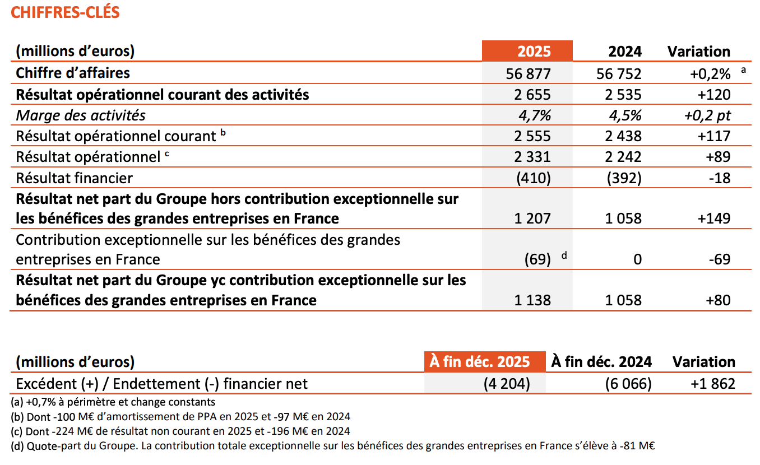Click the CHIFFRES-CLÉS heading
[x=65, y=13]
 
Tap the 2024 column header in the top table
[x=625, y=52]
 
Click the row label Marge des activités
[x=81, y=115]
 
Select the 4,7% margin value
[x=535, y=115]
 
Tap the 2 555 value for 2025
[x=532, y=136]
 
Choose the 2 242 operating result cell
[x=623, y=157]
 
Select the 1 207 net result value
[x=532, y=218]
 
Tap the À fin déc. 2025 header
[x=479, y=362]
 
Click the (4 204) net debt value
[x=507, y=384]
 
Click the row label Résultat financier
[x=74, y=178]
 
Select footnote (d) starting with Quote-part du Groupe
[x=333, y=446]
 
